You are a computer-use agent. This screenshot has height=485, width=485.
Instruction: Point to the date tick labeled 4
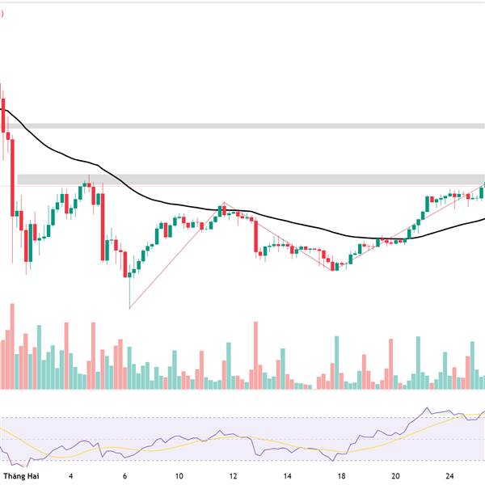(71, 476)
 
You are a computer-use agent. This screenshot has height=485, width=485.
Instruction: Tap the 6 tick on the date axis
(125, 476)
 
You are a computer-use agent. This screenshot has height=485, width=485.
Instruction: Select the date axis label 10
(179, 476)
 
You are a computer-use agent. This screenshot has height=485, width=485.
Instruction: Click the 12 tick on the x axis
(233, 476)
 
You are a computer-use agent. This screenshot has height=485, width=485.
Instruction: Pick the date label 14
(287, 476)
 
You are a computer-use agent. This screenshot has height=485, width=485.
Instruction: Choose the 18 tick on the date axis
(341, 476)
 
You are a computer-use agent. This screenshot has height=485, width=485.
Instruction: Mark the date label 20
(395, 476)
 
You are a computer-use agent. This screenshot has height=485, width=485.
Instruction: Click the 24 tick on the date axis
(449, 476)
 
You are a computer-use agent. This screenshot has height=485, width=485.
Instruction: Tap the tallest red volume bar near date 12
(256, 356)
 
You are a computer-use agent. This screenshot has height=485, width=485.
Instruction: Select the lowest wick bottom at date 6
(129, 307)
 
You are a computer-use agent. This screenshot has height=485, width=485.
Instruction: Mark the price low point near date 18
(333, 269)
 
